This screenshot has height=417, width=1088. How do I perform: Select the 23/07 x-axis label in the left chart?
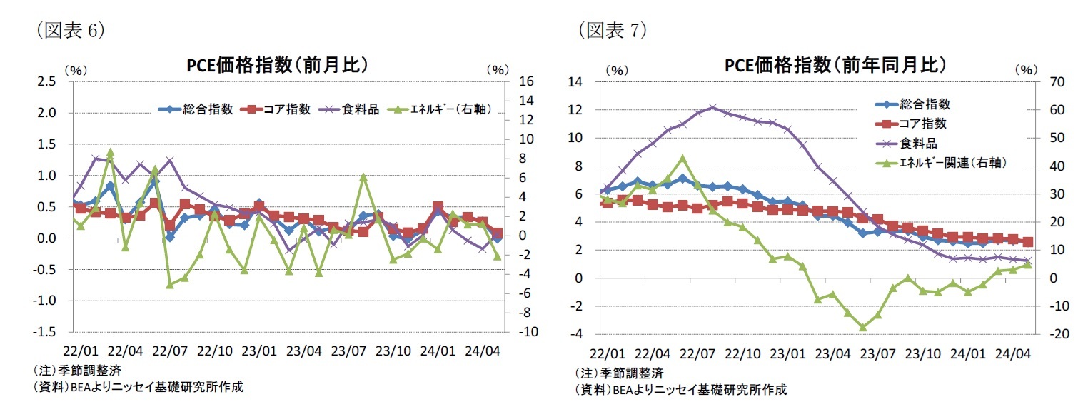[x=348, y=352]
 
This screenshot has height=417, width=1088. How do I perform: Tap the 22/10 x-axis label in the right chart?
[x=742, y=353]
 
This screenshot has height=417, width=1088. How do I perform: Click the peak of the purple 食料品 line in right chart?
[x=712, y=108]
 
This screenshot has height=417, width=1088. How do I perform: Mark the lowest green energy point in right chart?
[x=862, y=327]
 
